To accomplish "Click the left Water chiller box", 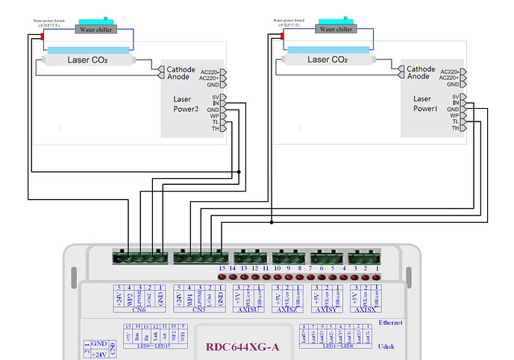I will point(95,29).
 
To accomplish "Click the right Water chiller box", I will point(336,29).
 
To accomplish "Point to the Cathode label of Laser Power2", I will point(181,69).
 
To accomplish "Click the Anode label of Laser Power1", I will point(418,76).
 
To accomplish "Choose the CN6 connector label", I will point(141,309).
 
